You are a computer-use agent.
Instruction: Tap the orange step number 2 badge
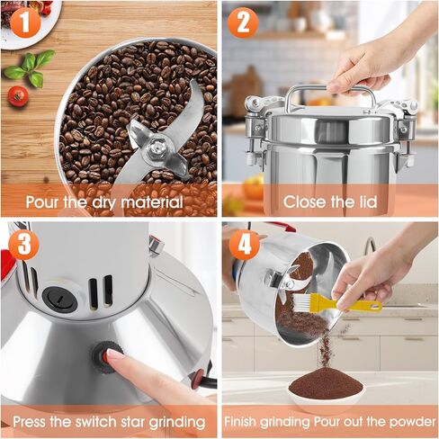pyautogui.click(x=242, y=22)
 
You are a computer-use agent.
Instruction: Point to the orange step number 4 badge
pyautogui.click(x=242, y=244)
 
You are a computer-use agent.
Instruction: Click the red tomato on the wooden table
pyautogui.click(x=18, y=95)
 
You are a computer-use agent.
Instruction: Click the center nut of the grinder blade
pyautogui.click(x=157, y=145)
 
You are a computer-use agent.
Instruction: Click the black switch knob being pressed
pyautogui.click(x=97, y=356)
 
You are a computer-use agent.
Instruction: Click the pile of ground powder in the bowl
pyautogui.click(x=325, y=384)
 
